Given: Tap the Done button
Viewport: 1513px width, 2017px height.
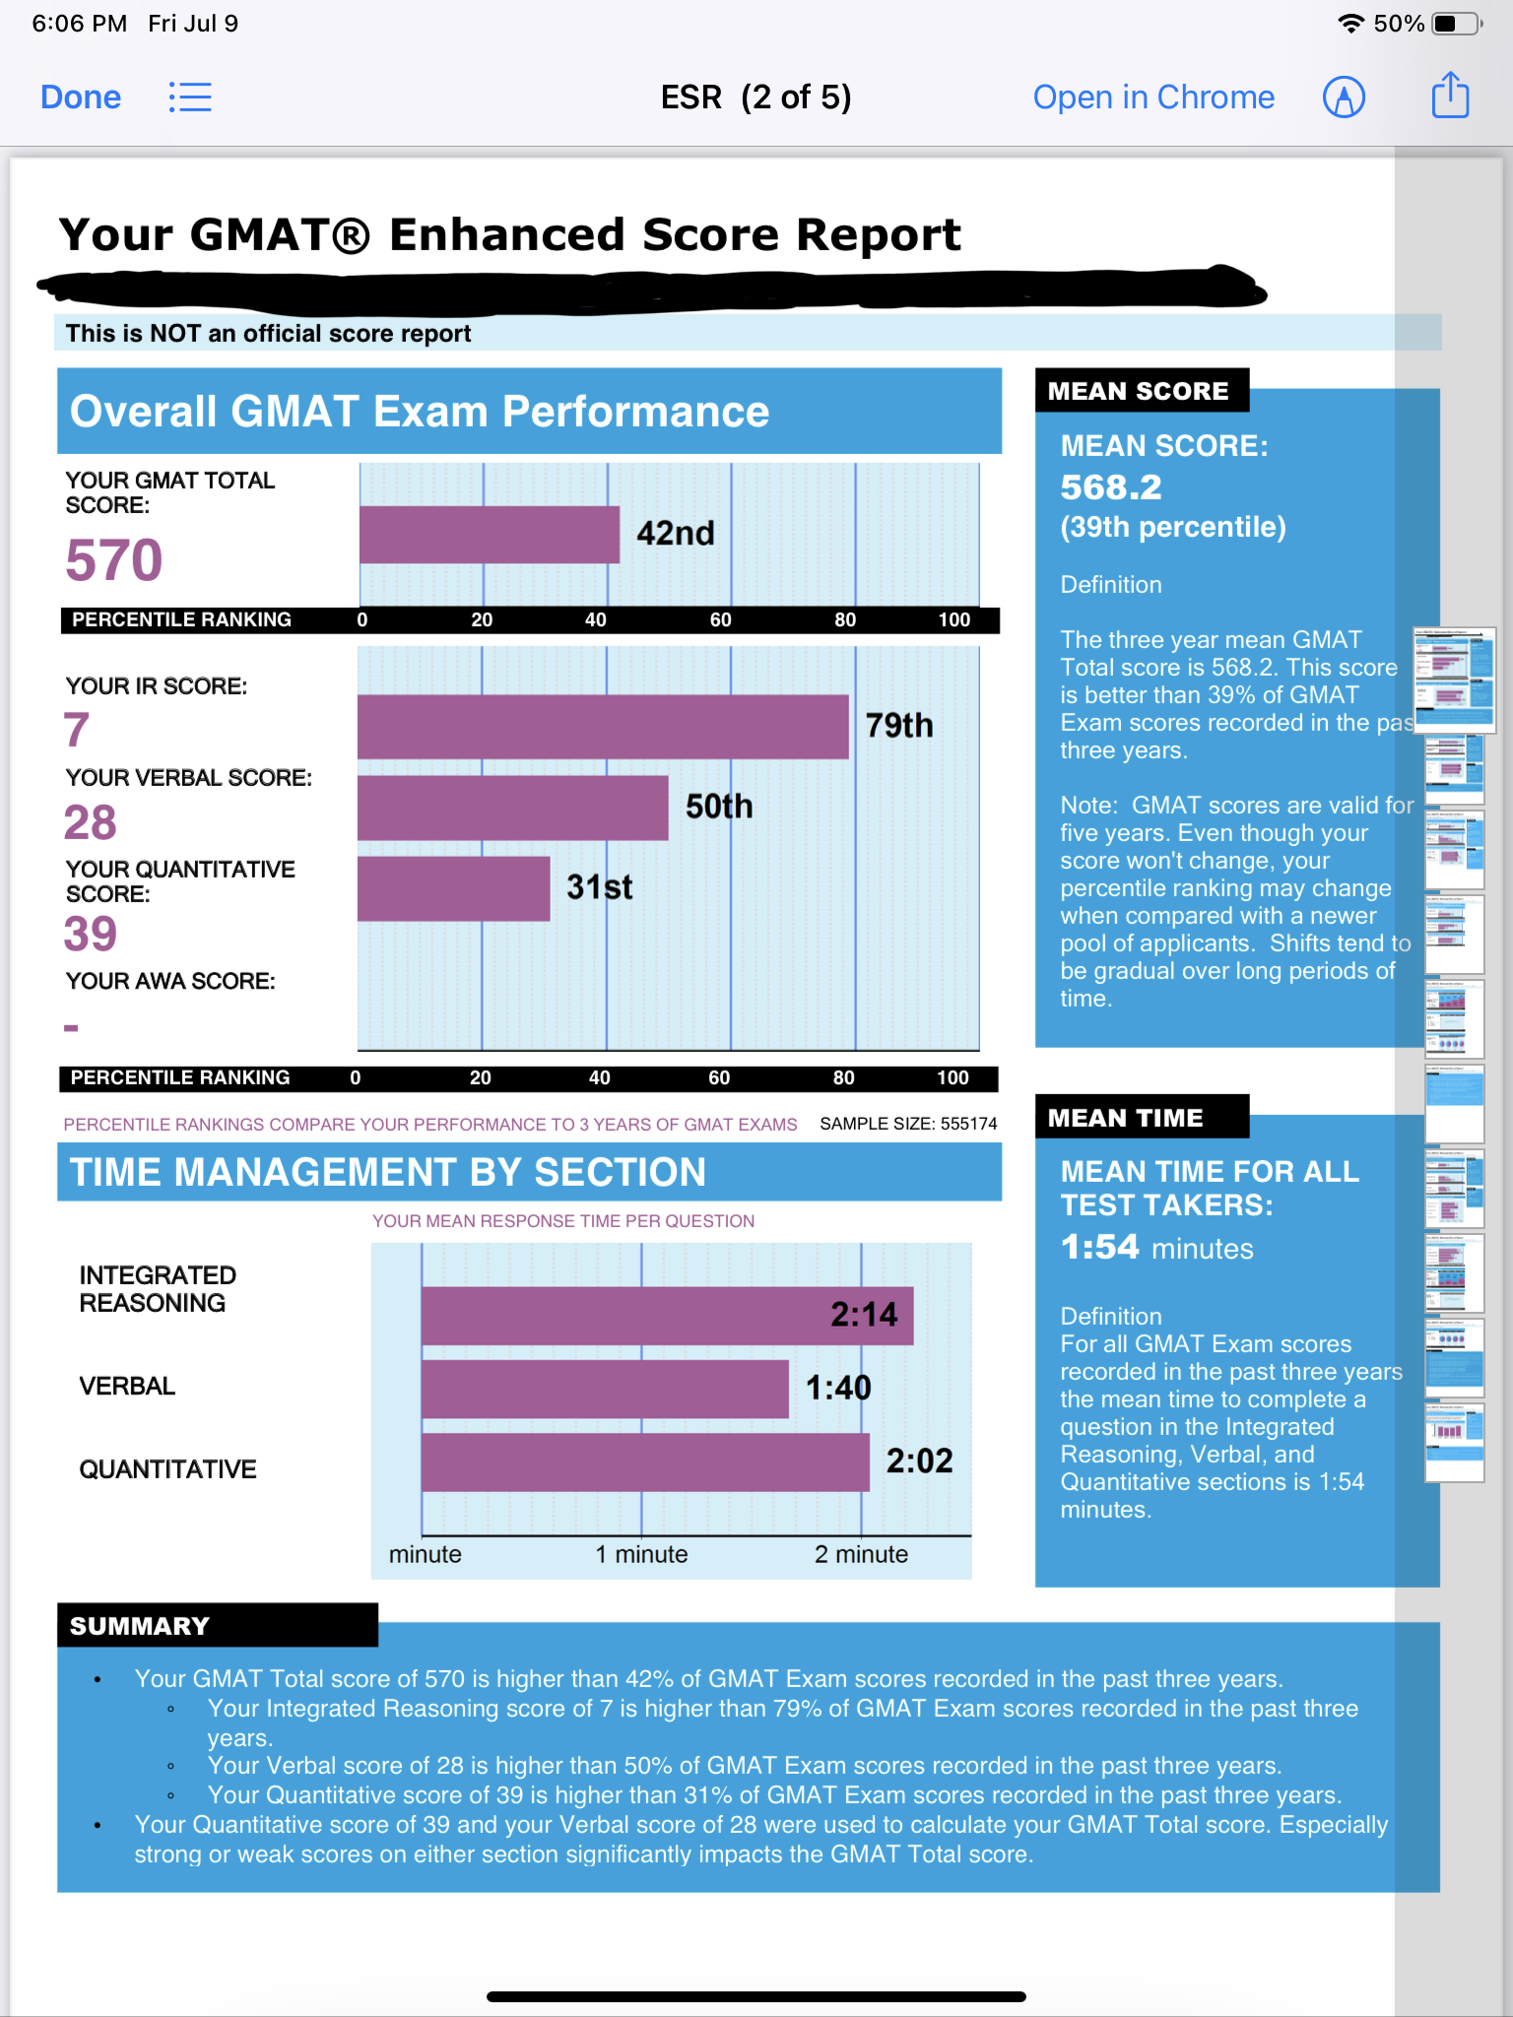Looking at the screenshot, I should coord(81,98).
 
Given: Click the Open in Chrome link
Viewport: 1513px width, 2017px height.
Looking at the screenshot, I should coord(1153,98).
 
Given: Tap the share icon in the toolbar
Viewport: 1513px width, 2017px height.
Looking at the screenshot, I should coord(1450,97).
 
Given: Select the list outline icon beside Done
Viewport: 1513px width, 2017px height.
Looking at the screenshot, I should coord(190,98).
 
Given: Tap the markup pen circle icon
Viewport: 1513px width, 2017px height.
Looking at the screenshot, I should coord(1344,98).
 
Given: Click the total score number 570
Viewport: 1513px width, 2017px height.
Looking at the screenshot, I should coord(114,560).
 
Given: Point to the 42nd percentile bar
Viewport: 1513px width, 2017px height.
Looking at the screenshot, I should coord(489,535).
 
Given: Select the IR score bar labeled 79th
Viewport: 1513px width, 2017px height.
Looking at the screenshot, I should coord(602,727).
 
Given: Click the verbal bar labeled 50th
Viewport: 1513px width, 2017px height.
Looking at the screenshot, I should coord(512,808).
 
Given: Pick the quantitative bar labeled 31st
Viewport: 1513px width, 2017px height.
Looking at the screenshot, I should coord(453,888).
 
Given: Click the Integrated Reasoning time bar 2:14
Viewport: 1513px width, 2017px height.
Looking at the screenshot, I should coord(667,1316).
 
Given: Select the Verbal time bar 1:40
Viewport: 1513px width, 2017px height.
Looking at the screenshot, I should coord(605,1389).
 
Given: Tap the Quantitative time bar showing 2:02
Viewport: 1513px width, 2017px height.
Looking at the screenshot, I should coord(645,1463).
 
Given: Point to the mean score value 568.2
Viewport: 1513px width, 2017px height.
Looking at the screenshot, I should coord(1111,488).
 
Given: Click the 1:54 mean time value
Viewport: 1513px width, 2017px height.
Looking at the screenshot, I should coord(1099,1248).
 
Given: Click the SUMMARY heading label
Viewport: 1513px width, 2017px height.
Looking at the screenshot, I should coord(140,1626).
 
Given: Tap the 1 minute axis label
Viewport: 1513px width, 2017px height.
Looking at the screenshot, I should coord(641,1554).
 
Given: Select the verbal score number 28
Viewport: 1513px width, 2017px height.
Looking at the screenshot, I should coord(91,822).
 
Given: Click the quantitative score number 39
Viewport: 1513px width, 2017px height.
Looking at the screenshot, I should coord(91,934).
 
